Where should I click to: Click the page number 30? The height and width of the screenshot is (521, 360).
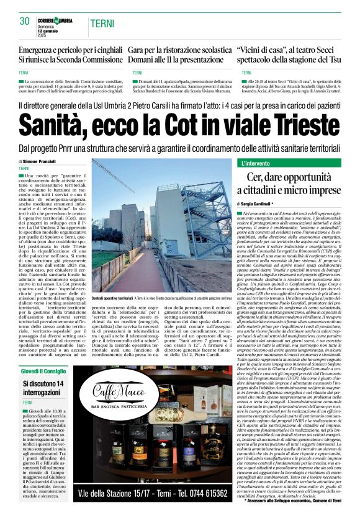pyautogui.click(x=24, y=21)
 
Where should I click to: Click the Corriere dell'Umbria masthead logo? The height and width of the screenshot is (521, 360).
pyautogui.click(x=55, y=21)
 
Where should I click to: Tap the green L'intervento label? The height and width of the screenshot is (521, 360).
pyautogui.click(x=256, y=163)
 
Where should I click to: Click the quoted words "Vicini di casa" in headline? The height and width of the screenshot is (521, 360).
pyautogui.click(x=263, y=49)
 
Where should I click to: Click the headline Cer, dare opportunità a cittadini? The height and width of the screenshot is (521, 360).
pyautogui.click(x=295, y=184)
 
